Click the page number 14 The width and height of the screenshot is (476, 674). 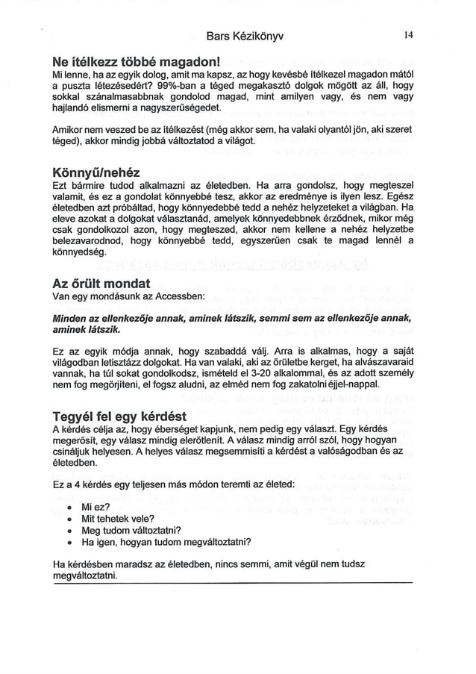pos(408,34)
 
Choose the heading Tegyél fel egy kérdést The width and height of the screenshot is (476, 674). pos(119,416)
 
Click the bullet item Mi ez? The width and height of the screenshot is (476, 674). pos(94,505)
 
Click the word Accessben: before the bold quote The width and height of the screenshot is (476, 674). pos(176,297)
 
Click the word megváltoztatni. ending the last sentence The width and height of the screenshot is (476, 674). pos(86,577)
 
